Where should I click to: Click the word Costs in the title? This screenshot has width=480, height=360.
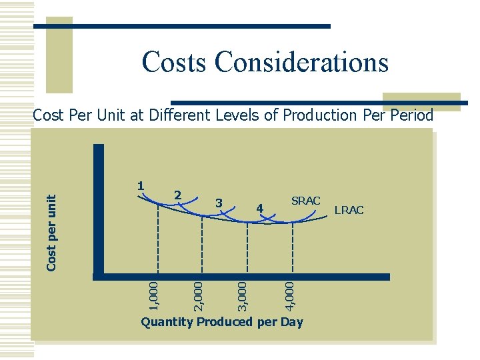click(173, 62)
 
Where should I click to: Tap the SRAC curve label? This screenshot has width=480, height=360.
click(306, 201)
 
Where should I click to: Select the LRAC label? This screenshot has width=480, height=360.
click(349, 210)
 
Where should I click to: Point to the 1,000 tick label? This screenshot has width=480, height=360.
click(154, 295)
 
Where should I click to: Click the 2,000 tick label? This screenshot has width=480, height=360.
click(198, 295)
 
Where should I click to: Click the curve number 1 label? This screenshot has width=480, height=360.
click(141, 185)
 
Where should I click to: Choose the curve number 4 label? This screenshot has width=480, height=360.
click(261, 209)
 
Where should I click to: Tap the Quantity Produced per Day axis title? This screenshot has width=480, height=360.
click(221, 323)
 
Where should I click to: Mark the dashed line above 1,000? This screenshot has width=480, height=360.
click(159, 240)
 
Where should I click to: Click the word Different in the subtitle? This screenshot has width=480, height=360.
click(179, 115)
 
